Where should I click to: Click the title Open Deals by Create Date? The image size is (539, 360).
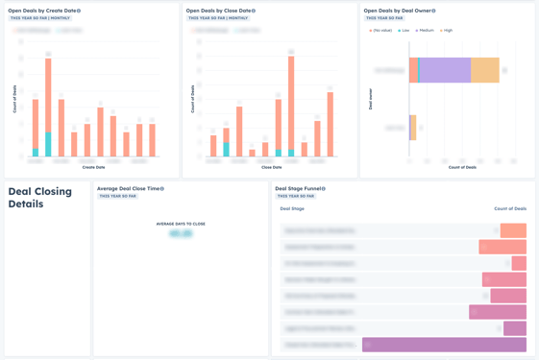pos(41,11)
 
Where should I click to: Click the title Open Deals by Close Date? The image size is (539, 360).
pos(219,11)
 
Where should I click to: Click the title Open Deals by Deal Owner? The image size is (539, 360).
pos(398,11)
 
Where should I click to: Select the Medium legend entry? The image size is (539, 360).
pos(426,31)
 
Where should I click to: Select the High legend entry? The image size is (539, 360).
pos(447,31)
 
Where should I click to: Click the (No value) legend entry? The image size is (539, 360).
pos(381,31)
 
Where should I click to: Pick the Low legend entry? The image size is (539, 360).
pos(404,31)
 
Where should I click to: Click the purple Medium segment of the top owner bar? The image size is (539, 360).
pos(445,70)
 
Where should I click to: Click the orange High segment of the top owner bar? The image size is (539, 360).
pos(485,70)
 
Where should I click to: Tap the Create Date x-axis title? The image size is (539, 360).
pos(93,167)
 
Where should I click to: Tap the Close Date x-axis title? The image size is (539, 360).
pos(272,167)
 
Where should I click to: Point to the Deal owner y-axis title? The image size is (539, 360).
pos(371,99)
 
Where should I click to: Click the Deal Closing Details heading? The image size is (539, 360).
pos(40,198)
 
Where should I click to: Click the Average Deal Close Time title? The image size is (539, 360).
pos(129,189)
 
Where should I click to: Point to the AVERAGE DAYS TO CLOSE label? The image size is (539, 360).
pos(181,224)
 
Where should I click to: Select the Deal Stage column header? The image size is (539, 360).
pos(292,208)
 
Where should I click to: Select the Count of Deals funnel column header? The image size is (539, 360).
pos(510,208)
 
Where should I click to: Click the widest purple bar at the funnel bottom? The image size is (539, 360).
pos(444,345)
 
